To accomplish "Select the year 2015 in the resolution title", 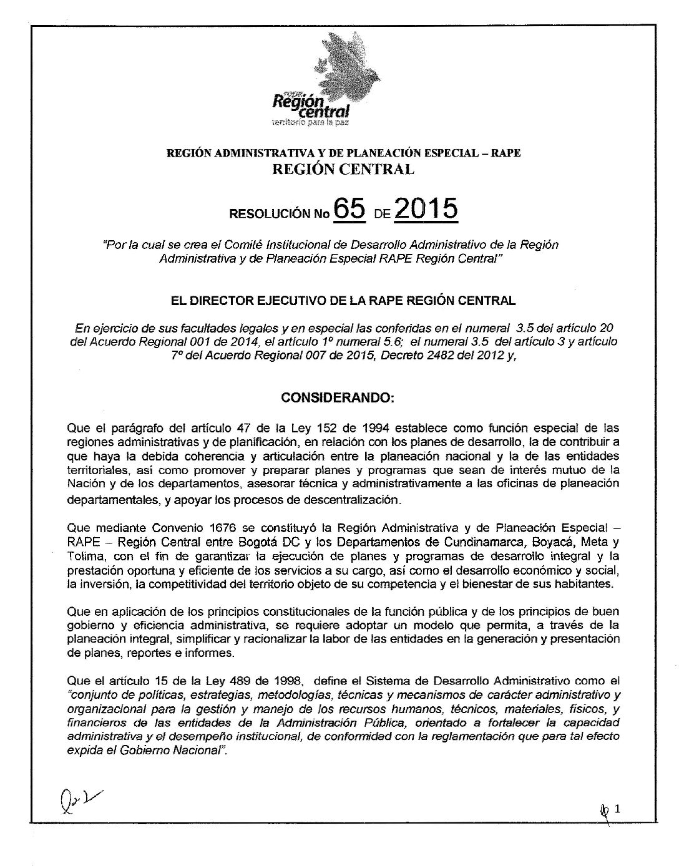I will click(x=426, y=210).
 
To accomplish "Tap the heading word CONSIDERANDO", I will click(x=338, y=397).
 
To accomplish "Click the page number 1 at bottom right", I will click(x=618, y=810).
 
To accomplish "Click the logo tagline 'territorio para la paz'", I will click(x=308, y=123).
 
